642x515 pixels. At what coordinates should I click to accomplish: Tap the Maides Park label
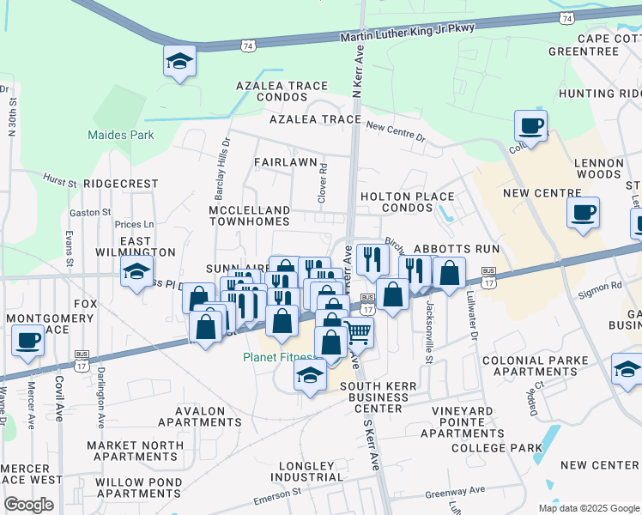coord(121,135)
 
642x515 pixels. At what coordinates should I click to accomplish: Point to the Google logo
coord(28,504)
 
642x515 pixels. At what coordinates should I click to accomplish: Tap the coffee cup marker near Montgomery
coord(28,341)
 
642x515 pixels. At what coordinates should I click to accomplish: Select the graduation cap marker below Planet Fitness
coord(310,374)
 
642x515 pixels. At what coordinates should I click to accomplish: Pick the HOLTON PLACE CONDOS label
coord(406,203)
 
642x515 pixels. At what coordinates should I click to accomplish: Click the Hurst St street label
coord(60,180)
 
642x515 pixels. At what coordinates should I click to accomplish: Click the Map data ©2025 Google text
coord(588,507)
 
